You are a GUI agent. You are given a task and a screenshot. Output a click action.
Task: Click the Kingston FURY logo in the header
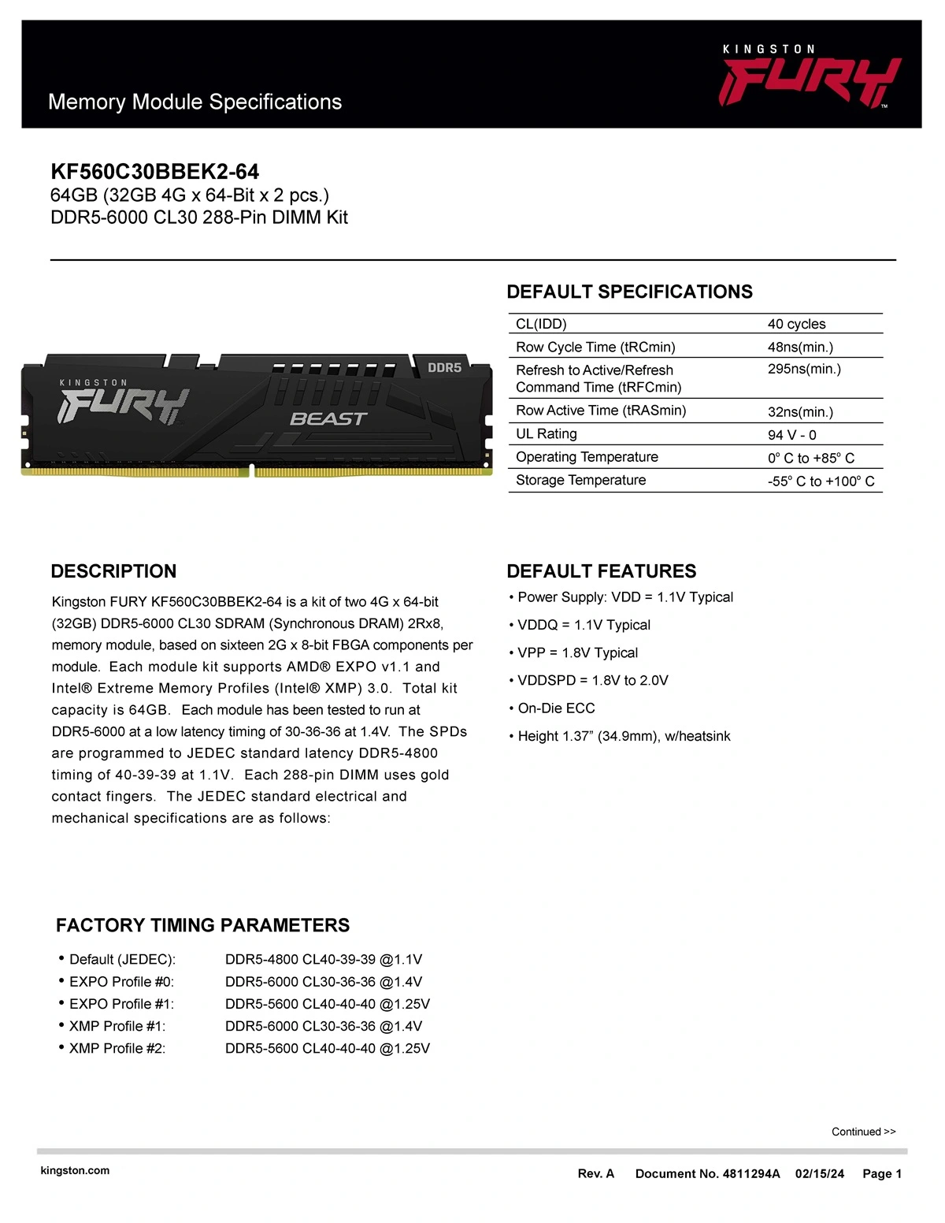click(x=810, y=77)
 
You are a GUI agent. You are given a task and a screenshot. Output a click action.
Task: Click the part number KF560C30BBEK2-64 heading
click(x=154, y=172)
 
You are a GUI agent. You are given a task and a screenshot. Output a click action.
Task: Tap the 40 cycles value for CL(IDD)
click(x=796, y=324)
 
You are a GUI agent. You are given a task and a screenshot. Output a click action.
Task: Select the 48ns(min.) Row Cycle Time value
click(x=800, y=347)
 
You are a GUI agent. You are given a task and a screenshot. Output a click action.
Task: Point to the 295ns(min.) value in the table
click(x=804, y=369)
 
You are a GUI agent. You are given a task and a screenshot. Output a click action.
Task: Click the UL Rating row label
click(x=546, y=434)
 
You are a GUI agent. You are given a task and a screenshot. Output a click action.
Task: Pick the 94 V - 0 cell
click(x=791, y=435)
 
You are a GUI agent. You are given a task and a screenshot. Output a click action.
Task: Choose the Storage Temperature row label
click(x=580, y=480)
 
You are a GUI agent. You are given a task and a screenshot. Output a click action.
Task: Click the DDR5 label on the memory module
click(x=444, y=368)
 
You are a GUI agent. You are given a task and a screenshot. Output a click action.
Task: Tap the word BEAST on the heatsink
click(x=328, y=419)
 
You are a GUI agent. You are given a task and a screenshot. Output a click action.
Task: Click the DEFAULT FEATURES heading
click(x=601, y=571)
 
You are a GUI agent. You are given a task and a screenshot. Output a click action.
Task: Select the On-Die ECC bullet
click(x=556, y=708)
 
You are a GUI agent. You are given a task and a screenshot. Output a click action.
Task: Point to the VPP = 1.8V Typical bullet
click(x=577, y=652)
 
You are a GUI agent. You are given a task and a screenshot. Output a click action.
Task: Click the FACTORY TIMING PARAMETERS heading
click(x=202, y=925)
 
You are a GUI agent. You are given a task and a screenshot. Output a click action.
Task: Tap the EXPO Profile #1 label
click(x=121, y=1004)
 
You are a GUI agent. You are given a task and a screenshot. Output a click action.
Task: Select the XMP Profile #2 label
click(x=117, y=1048)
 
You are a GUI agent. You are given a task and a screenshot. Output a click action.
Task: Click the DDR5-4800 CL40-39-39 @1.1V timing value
click(x=324, y=959)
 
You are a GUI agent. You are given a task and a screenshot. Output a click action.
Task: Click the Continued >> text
click(x=863, y=1132)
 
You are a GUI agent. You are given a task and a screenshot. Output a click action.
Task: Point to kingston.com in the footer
click(x=75, y=1170)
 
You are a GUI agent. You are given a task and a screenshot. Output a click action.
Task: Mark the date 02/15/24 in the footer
click(x=819, y=1173)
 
